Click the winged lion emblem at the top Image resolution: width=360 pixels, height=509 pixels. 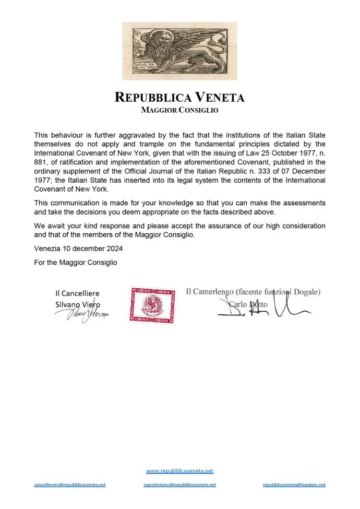[179, 51]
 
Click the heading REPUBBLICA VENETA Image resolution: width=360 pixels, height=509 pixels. [179, 98]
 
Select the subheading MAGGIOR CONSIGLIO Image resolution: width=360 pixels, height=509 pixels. [179, 110]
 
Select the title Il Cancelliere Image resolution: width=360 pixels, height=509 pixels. [77, 293]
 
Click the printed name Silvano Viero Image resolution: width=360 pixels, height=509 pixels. [78, 304]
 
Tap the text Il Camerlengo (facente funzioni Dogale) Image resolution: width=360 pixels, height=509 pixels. [253, 292]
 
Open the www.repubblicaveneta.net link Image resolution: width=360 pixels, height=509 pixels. [179, 471]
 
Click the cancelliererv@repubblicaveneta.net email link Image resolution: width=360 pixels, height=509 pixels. [70, 485]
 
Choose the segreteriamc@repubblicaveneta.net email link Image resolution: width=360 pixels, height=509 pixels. [179, 485]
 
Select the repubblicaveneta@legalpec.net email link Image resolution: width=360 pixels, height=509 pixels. [294, 485]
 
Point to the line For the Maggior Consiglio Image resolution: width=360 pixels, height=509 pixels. [76, 263]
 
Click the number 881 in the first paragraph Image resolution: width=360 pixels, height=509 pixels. [41, 162]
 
